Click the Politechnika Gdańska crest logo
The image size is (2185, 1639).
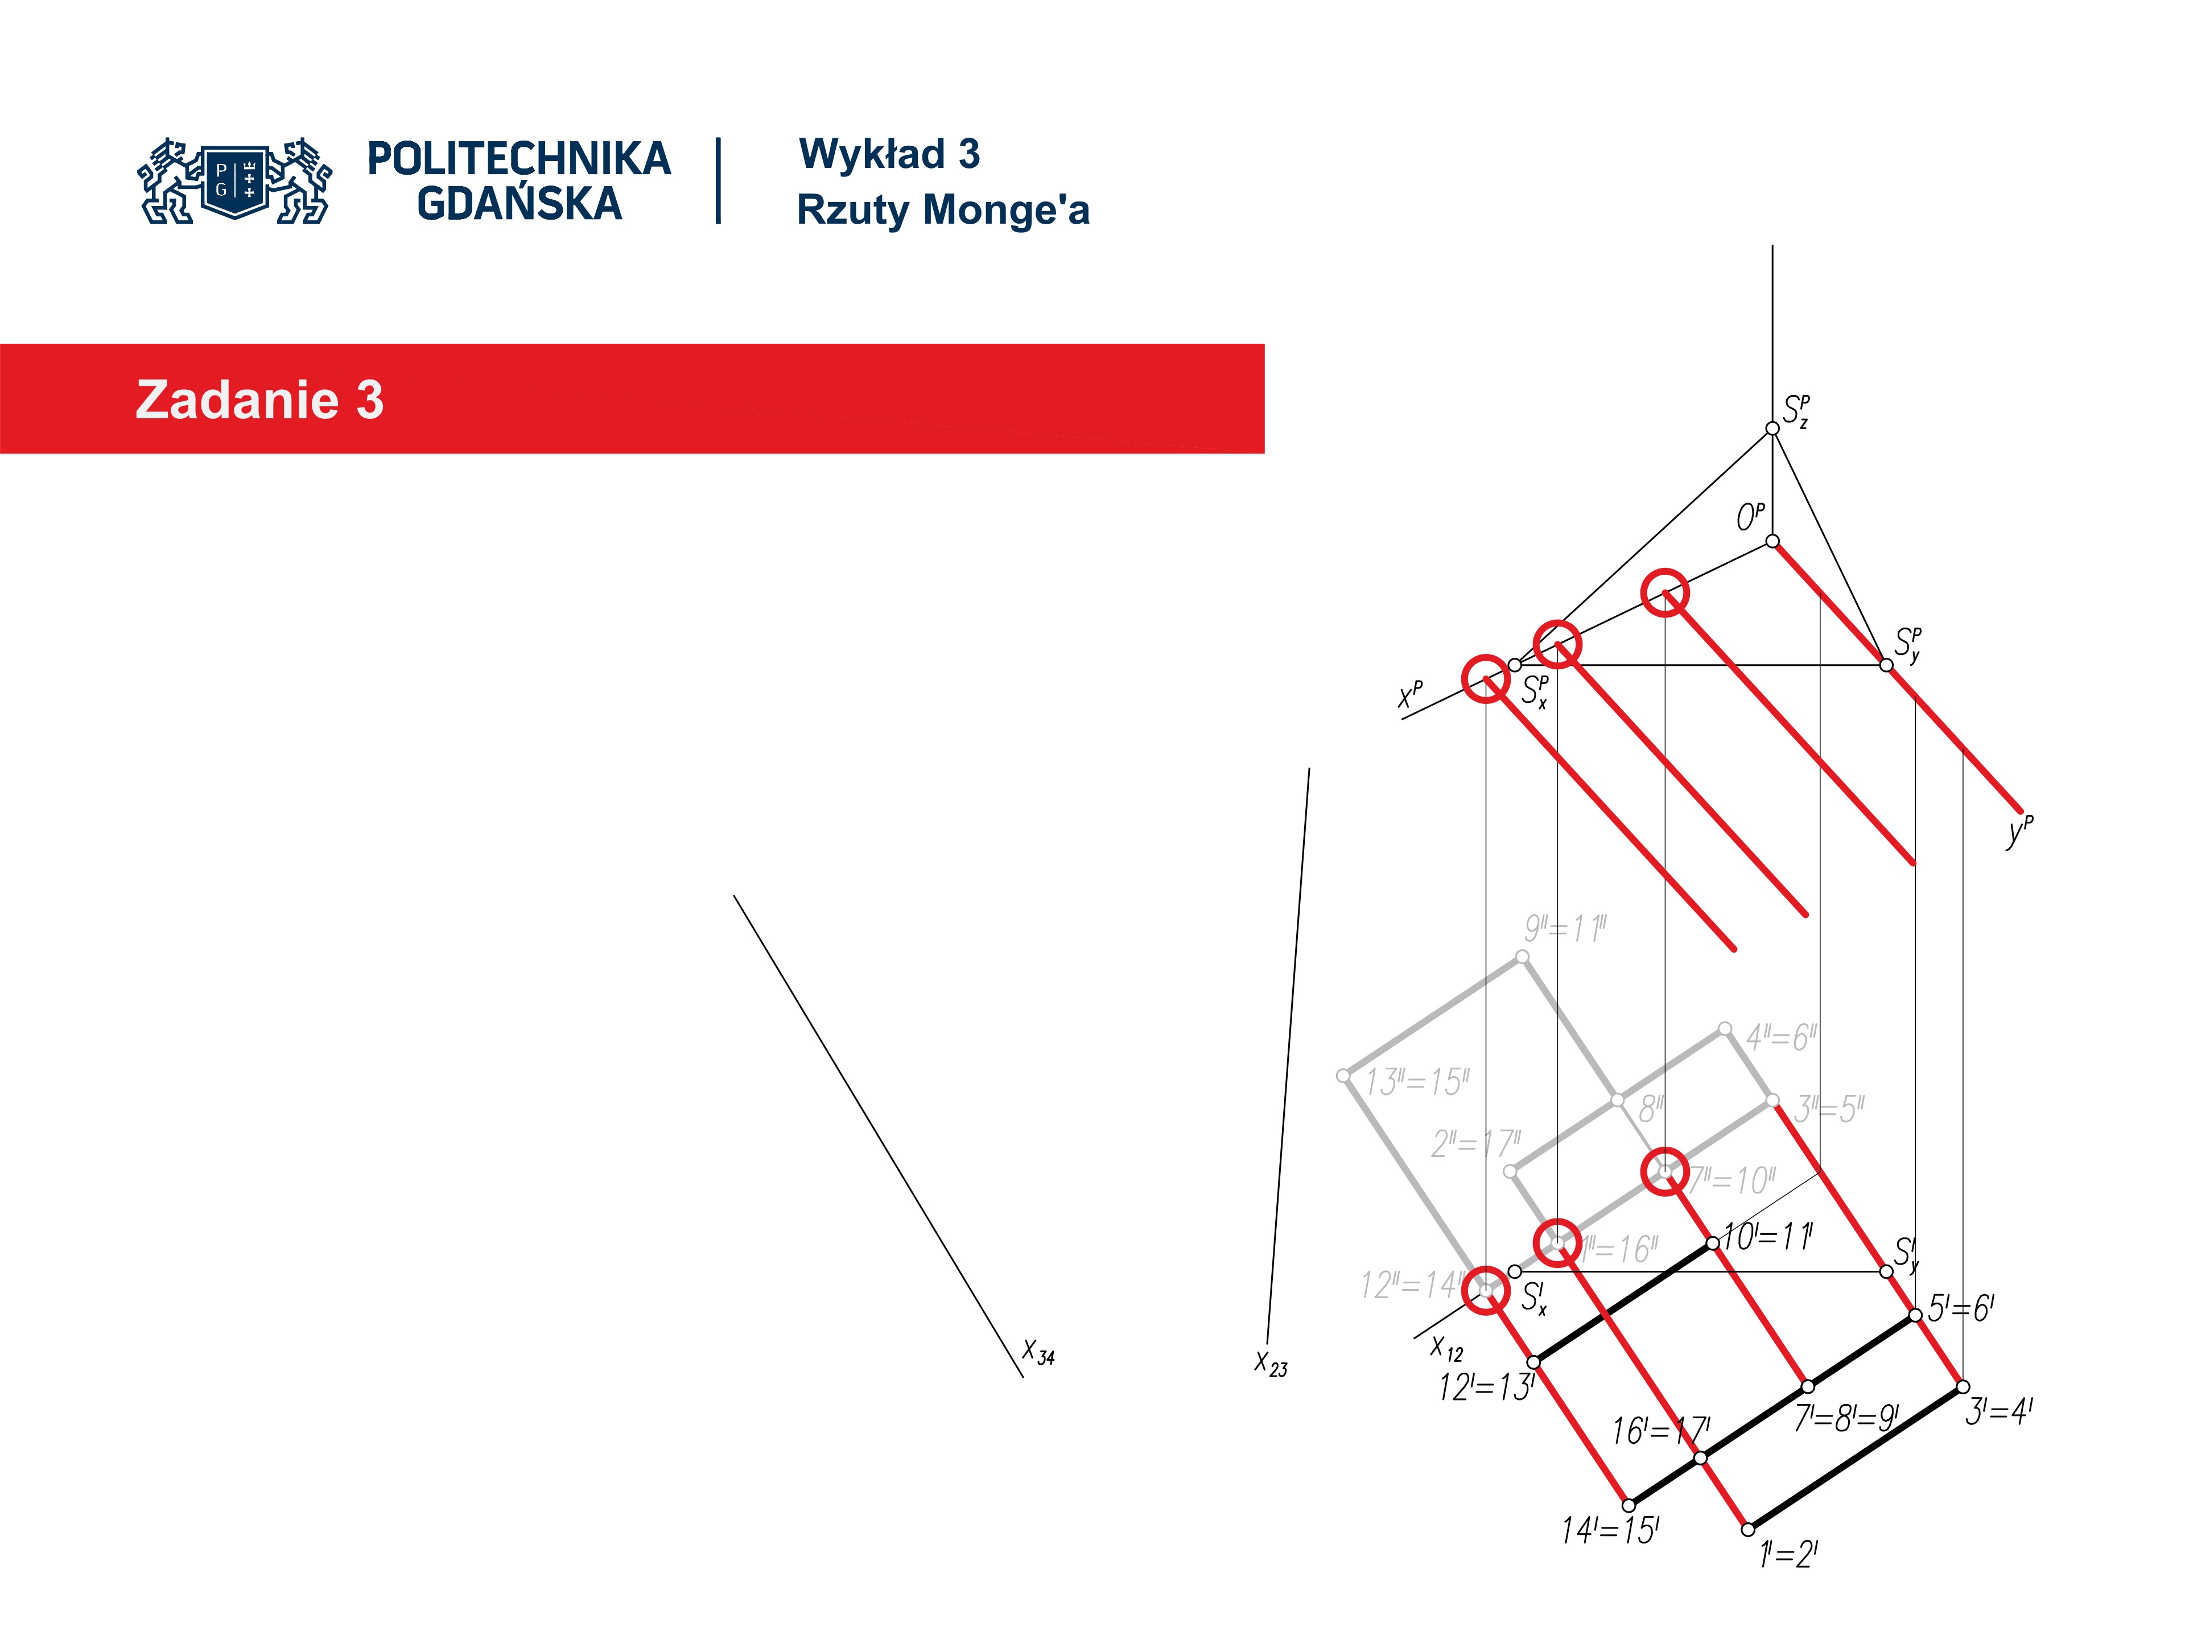[235, 181]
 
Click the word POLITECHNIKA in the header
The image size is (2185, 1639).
[518, 159]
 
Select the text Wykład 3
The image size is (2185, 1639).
[889, 154]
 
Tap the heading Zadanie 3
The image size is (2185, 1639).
[259, 400]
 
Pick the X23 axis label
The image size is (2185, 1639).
[1270, 1364]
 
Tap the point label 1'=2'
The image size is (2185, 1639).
[1788, 1555]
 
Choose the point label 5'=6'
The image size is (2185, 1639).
[1961, 1309]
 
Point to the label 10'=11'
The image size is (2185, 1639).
[1768, 1237]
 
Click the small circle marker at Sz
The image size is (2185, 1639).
[1772, 428]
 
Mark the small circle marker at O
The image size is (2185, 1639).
[1772, 541]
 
